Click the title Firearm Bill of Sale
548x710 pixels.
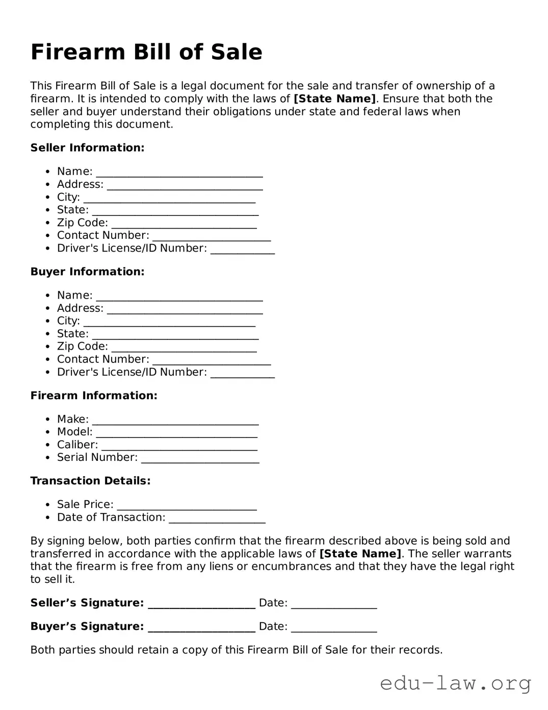(x=146, y=52)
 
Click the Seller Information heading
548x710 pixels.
(x=87, y=148)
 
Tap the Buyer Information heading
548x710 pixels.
(x=87, y=272)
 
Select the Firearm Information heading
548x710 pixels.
(x=94, y=396)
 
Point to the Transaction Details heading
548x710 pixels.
(x=90, y=481)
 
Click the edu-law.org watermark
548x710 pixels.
(x=455, y=682)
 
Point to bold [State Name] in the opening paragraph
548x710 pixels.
(x=334, y=99)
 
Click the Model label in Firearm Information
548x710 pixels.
(x=74, y=432)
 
